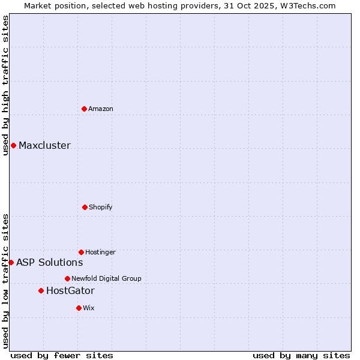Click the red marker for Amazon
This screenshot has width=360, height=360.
(x=84, y=109)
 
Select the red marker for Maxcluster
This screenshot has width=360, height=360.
(x=13, y=145)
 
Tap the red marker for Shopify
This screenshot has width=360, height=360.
(x=85, y=207)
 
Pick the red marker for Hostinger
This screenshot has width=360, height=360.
(x=81, y=252)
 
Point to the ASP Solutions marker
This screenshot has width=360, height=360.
(x=11, y=262)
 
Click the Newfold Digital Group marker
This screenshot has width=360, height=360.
(x=67, y=278)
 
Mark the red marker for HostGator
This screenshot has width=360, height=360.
(x=41, y=290)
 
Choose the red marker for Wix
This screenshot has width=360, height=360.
(x=79, y=308)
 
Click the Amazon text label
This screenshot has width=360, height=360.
(x=101, y=109)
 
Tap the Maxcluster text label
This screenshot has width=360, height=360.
(x=44, y=145)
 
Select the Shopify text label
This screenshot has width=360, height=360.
(x=101, y=207)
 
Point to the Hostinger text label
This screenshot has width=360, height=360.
(x=100, y=252)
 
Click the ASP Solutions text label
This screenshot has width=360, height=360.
(x=49, y=262)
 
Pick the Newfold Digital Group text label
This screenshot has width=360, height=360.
(x=106, y=278)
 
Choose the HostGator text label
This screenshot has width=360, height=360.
(x=70, y=290)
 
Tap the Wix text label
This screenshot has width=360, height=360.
(x=89, y=308)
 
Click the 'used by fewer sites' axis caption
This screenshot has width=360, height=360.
(x=62, y=355)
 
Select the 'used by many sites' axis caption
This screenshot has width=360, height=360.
(x=301, y=355)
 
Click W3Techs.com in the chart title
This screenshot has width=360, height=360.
(x=308, y=5)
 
